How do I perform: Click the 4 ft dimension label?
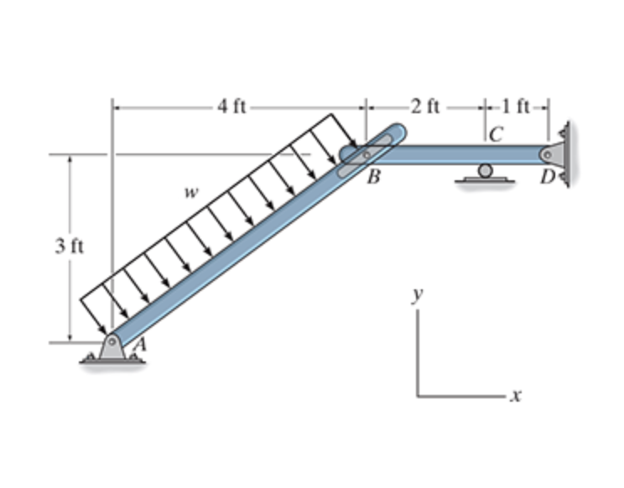pyautogui.click(x=231, y=106)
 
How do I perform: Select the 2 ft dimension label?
pyautogui.click(x=425, y=106)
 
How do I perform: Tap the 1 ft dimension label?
pyautogui.click(x=515, y=106)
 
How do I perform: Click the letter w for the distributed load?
pyautogui.click(x=192, y=192)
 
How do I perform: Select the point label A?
pyautogui.click(x=139, y=343)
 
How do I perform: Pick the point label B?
pyautogui.click(x=372, y=177)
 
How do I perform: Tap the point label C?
pyautogui.click(x=496, y=133)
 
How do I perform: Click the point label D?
pyautogui.click(x=548, y=177)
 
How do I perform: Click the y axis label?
pyautogui.click(x=418, y=294)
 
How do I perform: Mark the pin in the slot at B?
pyautogui.click(x=366, y=155)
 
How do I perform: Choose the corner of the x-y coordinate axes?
pyautogui.click(x=419, y=395)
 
